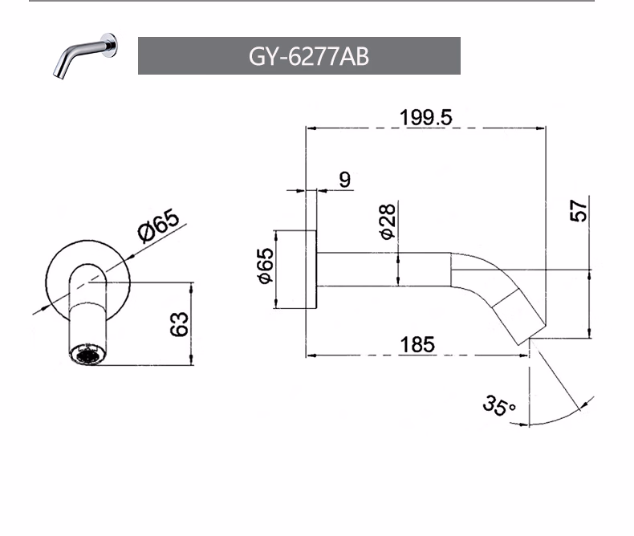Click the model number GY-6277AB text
[308, 56]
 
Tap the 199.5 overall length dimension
[426, 118]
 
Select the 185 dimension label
[417, 345]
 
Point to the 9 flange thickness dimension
[345, 180]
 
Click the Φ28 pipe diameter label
[388, 221]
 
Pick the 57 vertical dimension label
[578, 210]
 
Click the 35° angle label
[498, 405]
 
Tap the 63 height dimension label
[179, 324]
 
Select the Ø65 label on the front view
[159, 225]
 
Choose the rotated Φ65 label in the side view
[266, 266]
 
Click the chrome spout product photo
[85, 56]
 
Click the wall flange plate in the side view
[311, 270]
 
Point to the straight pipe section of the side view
[384, 270]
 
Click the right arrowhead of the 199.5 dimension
[541, 128]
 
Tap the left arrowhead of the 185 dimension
[311, 355]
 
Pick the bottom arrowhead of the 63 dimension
[192, 360]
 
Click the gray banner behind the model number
[299, 56]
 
